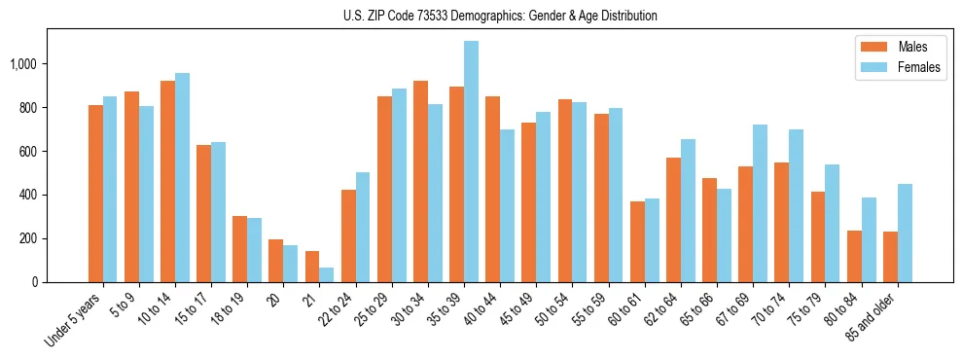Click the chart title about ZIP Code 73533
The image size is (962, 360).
pos(500,16)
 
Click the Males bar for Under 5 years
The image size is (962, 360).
pos(95,194)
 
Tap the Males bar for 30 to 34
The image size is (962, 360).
pos(420,181)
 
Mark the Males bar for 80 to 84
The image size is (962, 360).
pos(854,256)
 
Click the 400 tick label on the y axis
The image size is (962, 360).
pos(28,195)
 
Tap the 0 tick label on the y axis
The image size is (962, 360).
pos(35,282)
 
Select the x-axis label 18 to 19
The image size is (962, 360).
pos(228,309)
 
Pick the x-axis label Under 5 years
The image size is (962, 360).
pos(74,318)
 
